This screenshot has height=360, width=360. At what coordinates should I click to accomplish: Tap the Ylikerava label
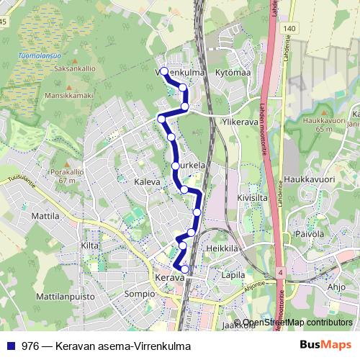[x=240, y=122]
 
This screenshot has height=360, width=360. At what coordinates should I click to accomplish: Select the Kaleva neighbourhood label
[x=147, y=182]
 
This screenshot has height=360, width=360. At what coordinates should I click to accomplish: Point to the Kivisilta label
[x=252, y=195]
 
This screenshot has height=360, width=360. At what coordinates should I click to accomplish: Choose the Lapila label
[x=234, y=275]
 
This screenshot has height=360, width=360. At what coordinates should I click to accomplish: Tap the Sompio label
[x=140, y=294]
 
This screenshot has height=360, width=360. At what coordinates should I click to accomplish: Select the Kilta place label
[x=89, y=246]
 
